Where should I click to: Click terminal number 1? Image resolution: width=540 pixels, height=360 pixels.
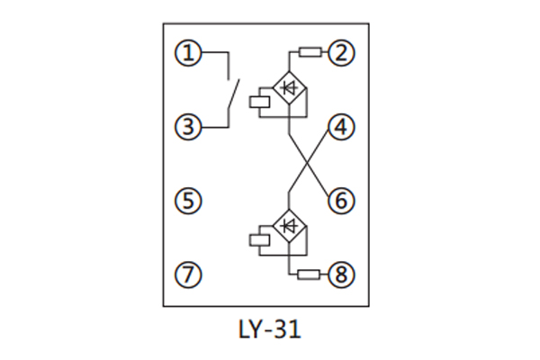pos(188,53)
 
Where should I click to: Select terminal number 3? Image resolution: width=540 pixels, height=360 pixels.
pos(188,128)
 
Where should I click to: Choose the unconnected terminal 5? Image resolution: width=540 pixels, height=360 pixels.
pos(188,201)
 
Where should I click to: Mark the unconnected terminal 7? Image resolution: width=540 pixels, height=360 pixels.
pos(188,275)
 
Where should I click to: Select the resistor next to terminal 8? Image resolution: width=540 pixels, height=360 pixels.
pos(310,275)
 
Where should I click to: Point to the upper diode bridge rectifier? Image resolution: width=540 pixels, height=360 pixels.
pos(289,88)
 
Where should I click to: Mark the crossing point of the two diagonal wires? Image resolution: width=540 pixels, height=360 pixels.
pos(308,164)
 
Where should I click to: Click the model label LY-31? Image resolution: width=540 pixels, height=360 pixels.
pos(267,330)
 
